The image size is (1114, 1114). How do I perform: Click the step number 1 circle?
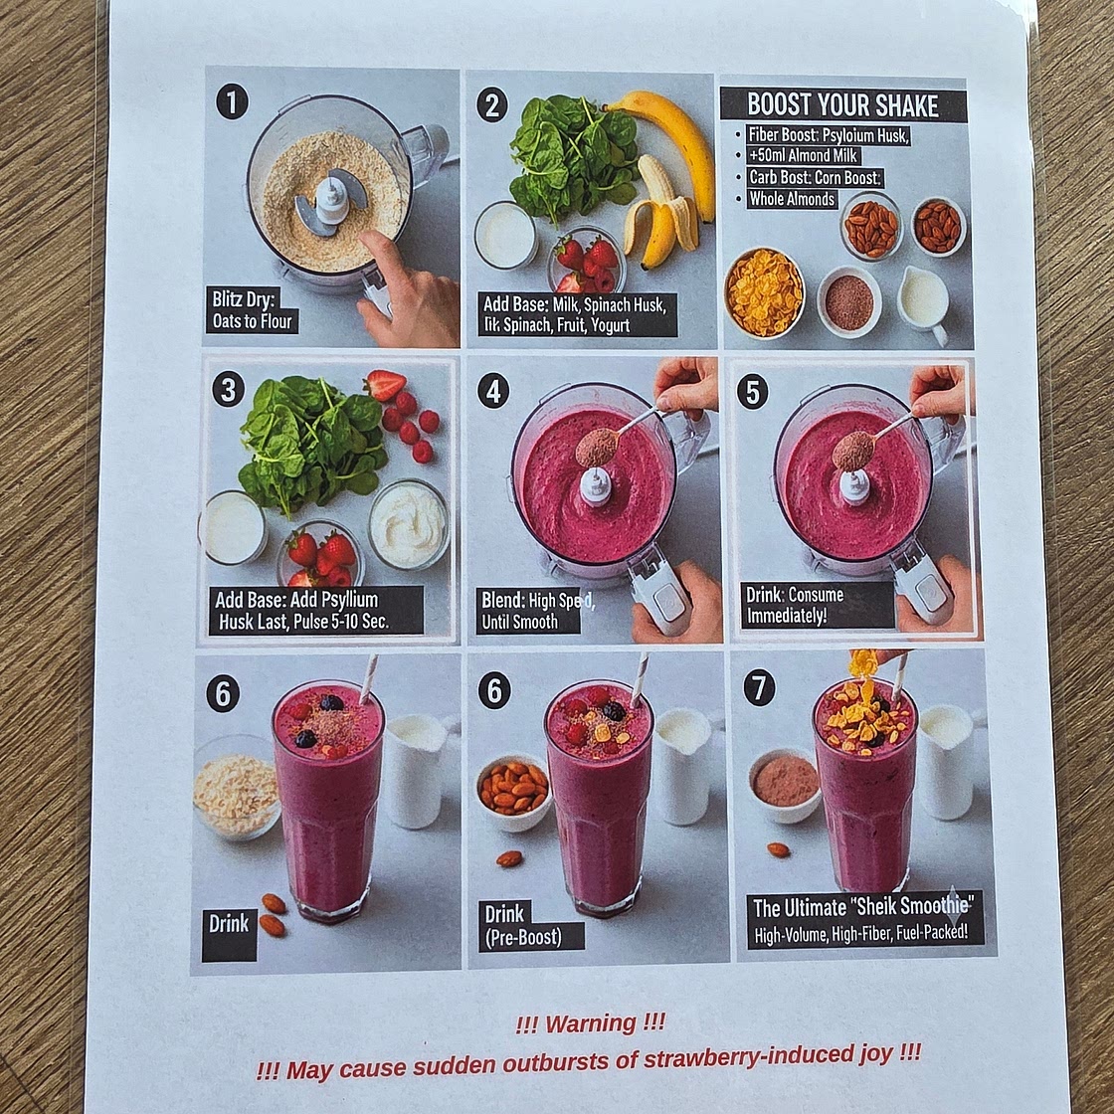coord(231,102)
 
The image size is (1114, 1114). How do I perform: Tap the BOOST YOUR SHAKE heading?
coord(843,105)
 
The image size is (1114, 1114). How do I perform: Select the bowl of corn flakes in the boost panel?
coord(764,291)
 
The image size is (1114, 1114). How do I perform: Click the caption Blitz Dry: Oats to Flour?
coord(252,310)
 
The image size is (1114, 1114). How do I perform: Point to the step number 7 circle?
coord(760,687)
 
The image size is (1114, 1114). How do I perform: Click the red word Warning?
coord(590,1022)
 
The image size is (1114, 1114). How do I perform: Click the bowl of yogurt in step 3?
coord(409,523)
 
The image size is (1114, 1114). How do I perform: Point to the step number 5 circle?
coord(752,392)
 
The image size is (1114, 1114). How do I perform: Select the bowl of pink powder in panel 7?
coord(786,782)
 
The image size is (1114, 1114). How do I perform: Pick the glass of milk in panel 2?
coord(505,235)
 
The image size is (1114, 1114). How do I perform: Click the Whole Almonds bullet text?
coord(793,199)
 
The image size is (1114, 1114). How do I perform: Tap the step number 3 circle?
coord(229,389)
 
